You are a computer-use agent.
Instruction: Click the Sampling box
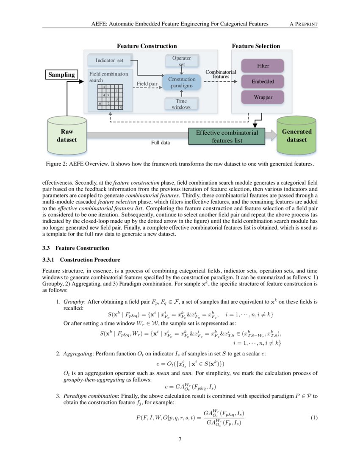click(x=61, y=75)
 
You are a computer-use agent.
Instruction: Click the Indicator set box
click(x=109, y=61)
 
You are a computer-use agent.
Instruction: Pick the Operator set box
click(x=181, y=61)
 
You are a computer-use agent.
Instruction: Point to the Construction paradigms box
click(x=182, y=82)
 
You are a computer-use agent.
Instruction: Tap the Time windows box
click(x=181, y=104)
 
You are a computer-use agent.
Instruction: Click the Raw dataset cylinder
click(x=67, y=135)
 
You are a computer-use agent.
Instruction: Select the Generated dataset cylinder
click(x=296, y=135)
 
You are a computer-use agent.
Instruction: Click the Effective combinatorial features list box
click(x=227, y=136)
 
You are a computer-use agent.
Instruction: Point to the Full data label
click(x=161, y=143)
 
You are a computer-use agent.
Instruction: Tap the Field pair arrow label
click(x=147, y=83)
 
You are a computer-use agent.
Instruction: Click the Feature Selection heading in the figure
click(x=256, y=46)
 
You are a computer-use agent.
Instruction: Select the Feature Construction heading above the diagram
click(x=147, y=46)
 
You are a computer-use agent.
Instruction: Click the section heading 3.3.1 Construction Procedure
click(x=81, y=260)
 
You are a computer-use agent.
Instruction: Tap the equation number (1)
click(x=314, y=418)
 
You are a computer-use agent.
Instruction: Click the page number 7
click(x=180, y=439)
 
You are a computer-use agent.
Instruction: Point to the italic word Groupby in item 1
click(x=71, y=302)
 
